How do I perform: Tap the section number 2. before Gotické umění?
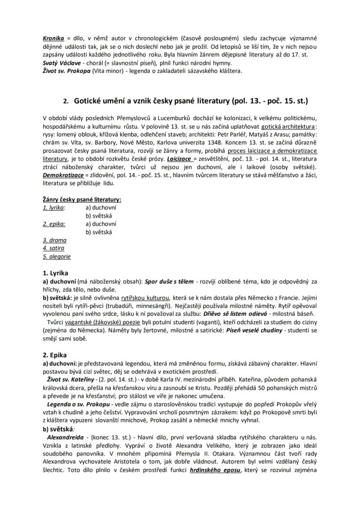point(66,101)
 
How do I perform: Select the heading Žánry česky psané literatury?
point(82,200)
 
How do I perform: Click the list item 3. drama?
point(55,240)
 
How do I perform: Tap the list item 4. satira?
point(53,248)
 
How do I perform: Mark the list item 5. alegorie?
point(57,256)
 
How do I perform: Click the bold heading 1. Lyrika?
point(55,273)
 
